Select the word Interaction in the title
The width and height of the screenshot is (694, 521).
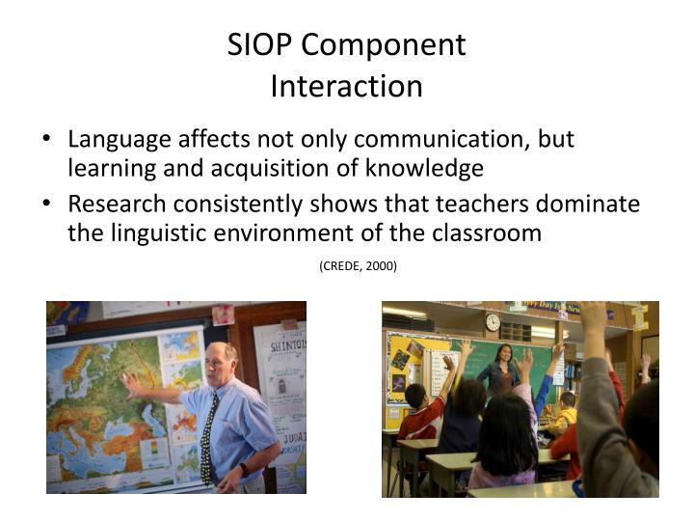point(346,87)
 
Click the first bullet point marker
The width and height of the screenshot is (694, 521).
point(48,140)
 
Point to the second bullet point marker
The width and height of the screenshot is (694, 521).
point(48,205)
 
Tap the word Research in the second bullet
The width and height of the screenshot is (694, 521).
point(115,205)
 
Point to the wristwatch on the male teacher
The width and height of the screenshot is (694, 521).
point(244,469)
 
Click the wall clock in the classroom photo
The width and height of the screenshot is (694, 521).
point(493,322)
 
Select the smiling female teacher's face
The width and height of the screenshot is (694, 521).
point(503,353)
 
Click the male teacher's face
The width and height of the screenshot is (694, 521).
point(223,363)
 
